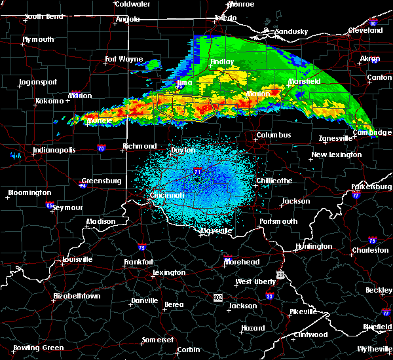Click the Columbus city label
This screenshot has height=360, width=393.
coord(273,135)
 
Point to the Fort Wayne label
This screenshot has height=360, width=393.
coord(123,59)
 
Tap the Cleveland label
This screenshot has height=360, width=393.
coord(365,30)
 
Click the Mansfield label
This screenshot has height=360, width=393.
coord(304,81)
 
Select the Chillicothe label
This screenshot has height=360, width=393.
coord(274,181)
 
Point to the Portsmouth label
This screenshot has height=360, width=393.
coord(279,221)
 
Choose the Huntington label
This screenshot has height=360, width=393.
coord(313,246)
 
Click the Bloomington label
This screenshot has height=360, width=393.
coord(29,192)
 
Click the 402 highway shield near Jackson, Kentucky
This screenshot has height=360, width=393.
coord(218,297)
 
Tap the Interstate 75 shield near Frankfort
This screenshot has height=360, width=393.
coord(141,247)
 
